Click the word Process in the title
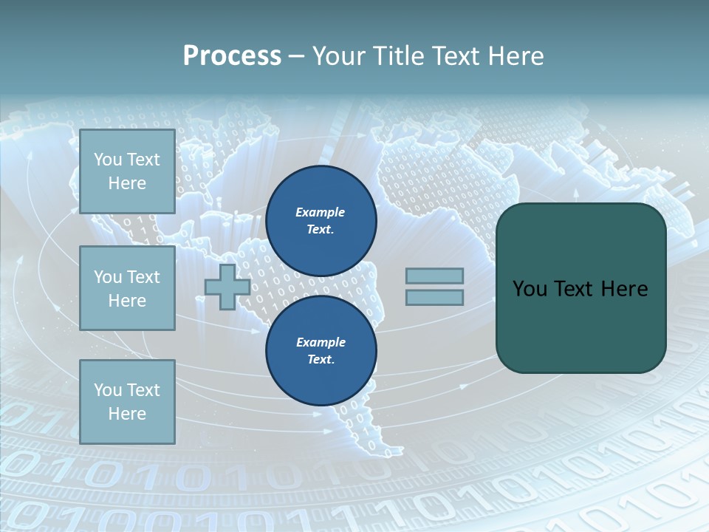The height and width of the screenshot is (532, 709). click(232, 56)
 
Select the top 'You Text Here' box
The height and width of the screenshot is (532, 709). click(127, 171)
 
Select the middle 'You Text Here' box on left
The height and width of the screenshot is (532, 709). click(127, 288)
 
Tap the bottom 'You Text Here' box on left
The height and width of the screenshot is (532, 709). click(127, 402)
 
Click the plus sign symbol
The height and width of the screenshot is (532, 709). click(227, 287)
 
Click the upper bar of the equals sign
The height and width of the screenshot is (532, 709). click(434, 276)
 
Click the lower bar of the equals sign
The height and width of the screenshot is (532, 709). click(434, 298)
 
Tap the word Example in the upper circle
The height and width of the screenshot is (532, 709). click(320, 212)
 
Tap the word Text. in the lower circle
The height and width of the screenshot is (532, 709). click(321, 360)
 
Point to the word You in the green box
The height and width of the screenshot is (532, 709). click(529, 289)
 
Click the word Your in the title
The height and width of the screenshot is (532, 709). click(338, 56)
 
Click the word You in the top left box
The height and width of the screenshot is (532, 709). click(108, 160)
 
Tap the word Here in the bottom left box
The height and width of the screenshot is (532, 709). click(127, 414)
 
